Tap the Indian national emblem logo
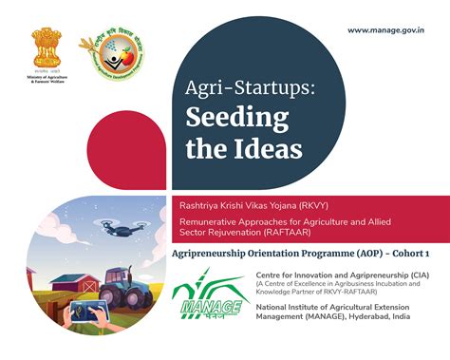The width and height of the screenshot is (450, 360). pos(46,47)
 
